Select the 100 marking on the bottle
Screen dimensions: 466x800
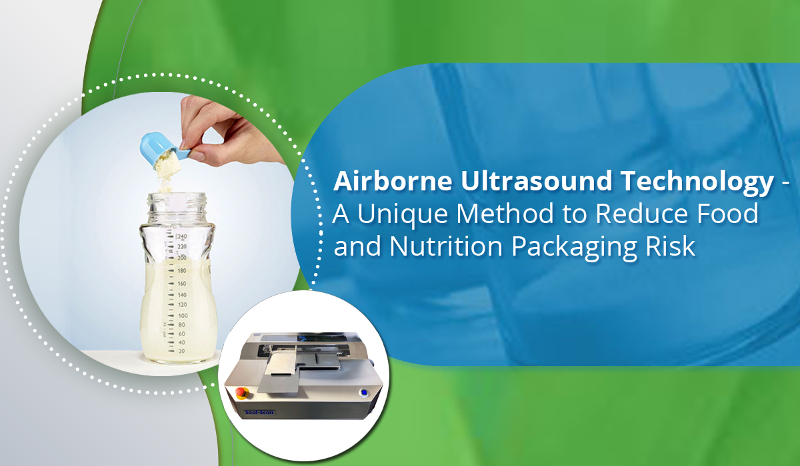click(x=181, y=315)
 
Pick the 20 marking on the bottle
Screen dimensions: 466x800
click(x=181, y=350)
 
